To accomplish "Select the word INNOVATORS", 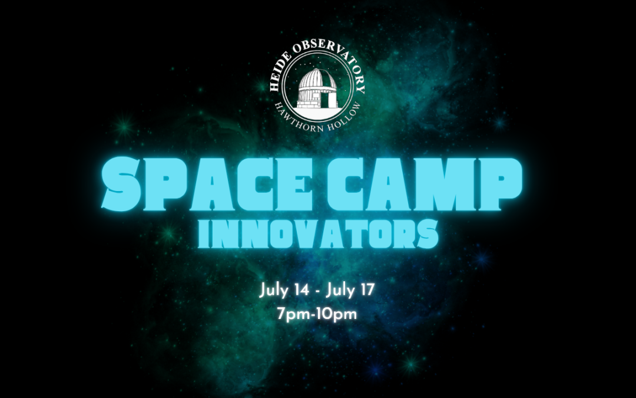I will pyautogui.click(x=318, y=233).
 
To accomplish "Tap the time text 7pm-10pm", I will pyautogui.click(x=318, y=313).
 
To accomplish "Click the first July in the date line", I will pyautogui.click(x=272, y=291).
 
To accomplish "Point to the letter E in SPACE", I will pyautogui.click(x=310, y=182).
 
